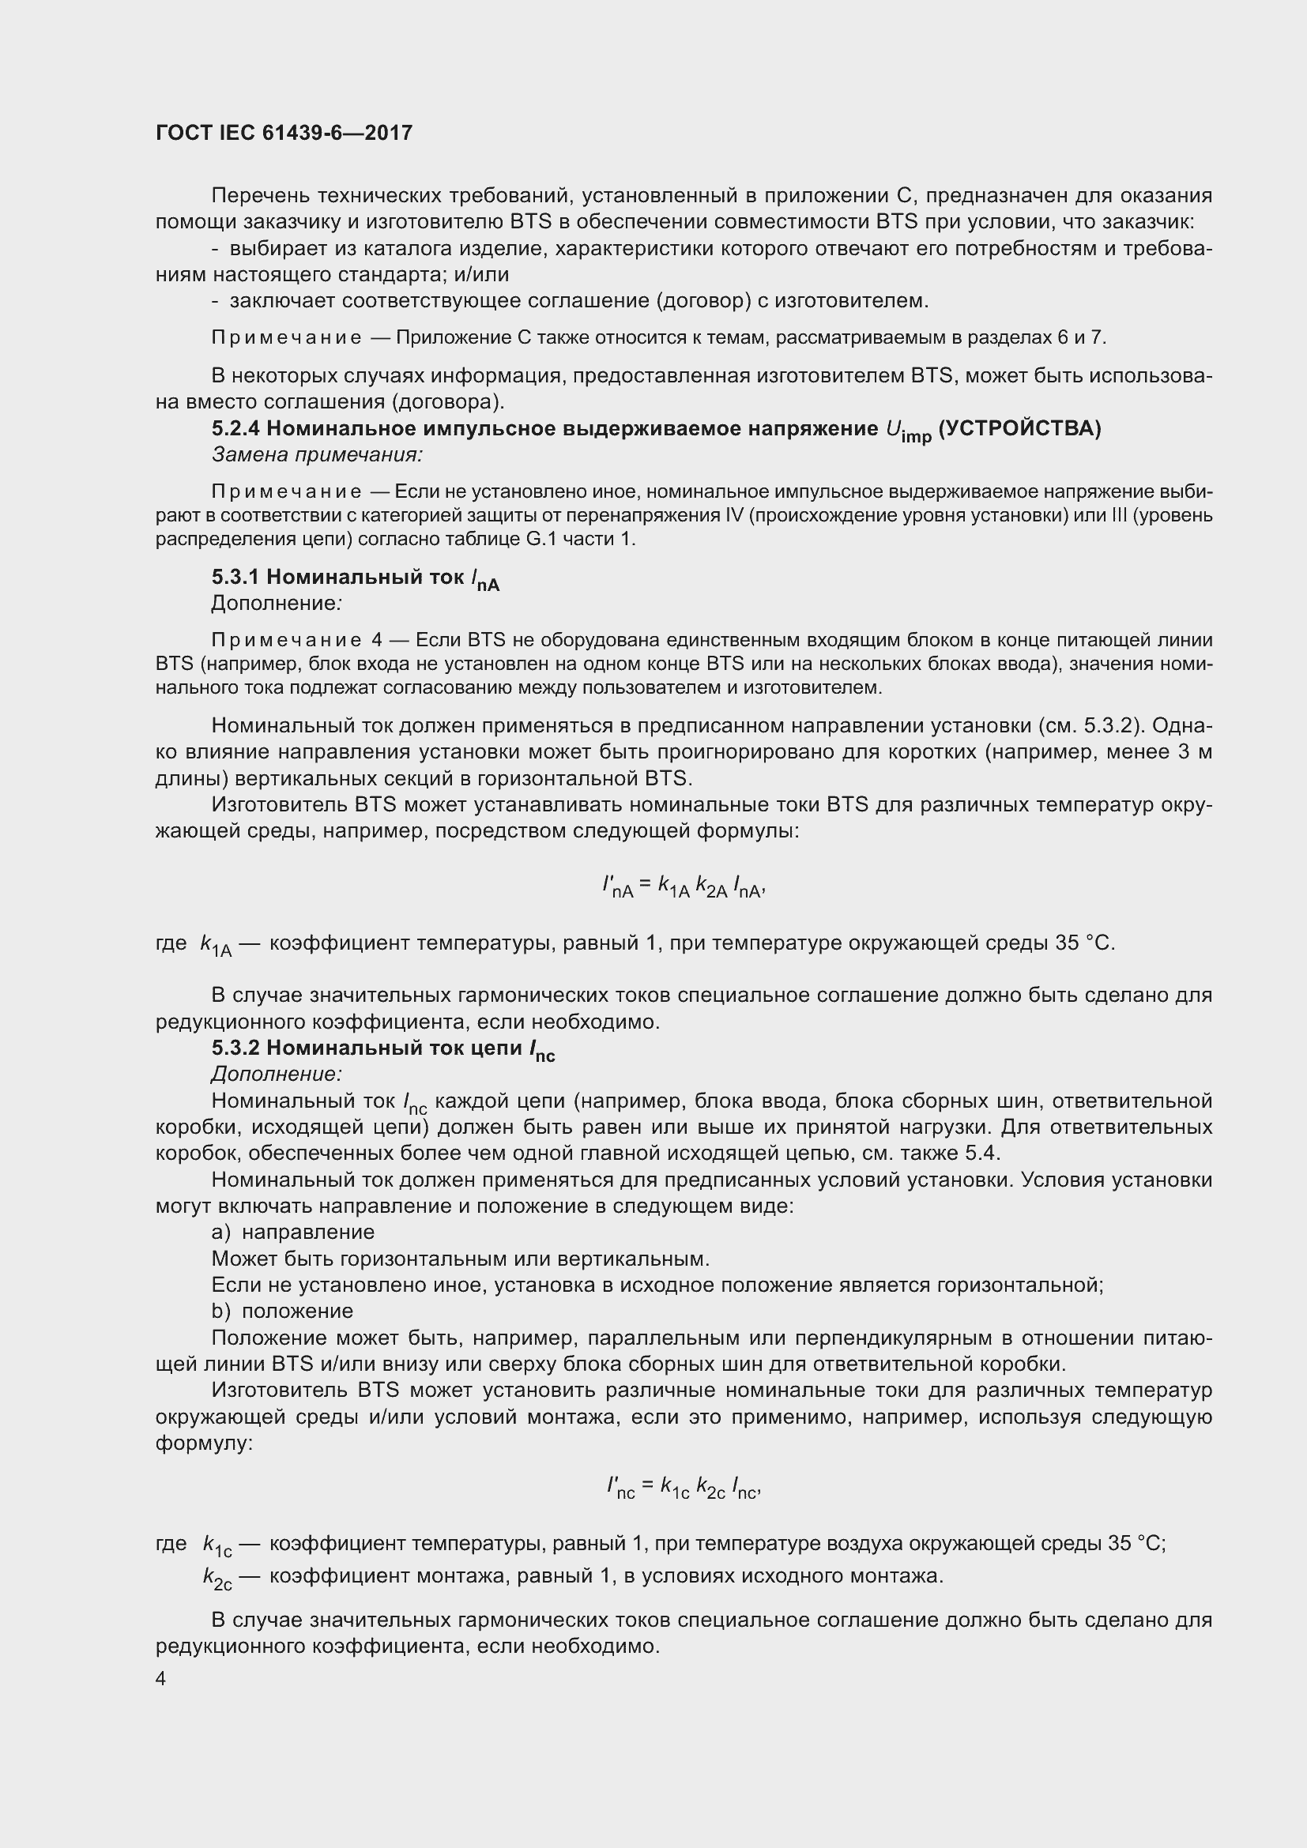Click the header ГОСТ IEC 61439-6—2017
[284, 133]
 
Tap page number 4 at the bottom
[161, 1679]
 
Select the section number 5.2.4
[235, 429]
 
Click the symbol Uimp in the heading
[907, 431]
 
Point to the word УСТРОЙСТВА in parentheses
[1019, 429]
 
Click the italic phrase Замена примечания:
[317, 455]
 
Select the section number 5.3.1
[235, 577]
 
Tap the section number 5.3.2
[235, 1048]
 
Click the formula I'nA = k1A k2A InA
[684, 886]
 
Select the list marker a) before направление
[220, 1233]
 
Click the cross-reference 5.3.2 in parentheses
[1110, 726]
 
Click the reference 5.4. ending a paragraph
[982, 1154]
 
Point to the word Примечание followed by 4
[286, 640]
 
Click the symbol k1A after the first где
[215, 945]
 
